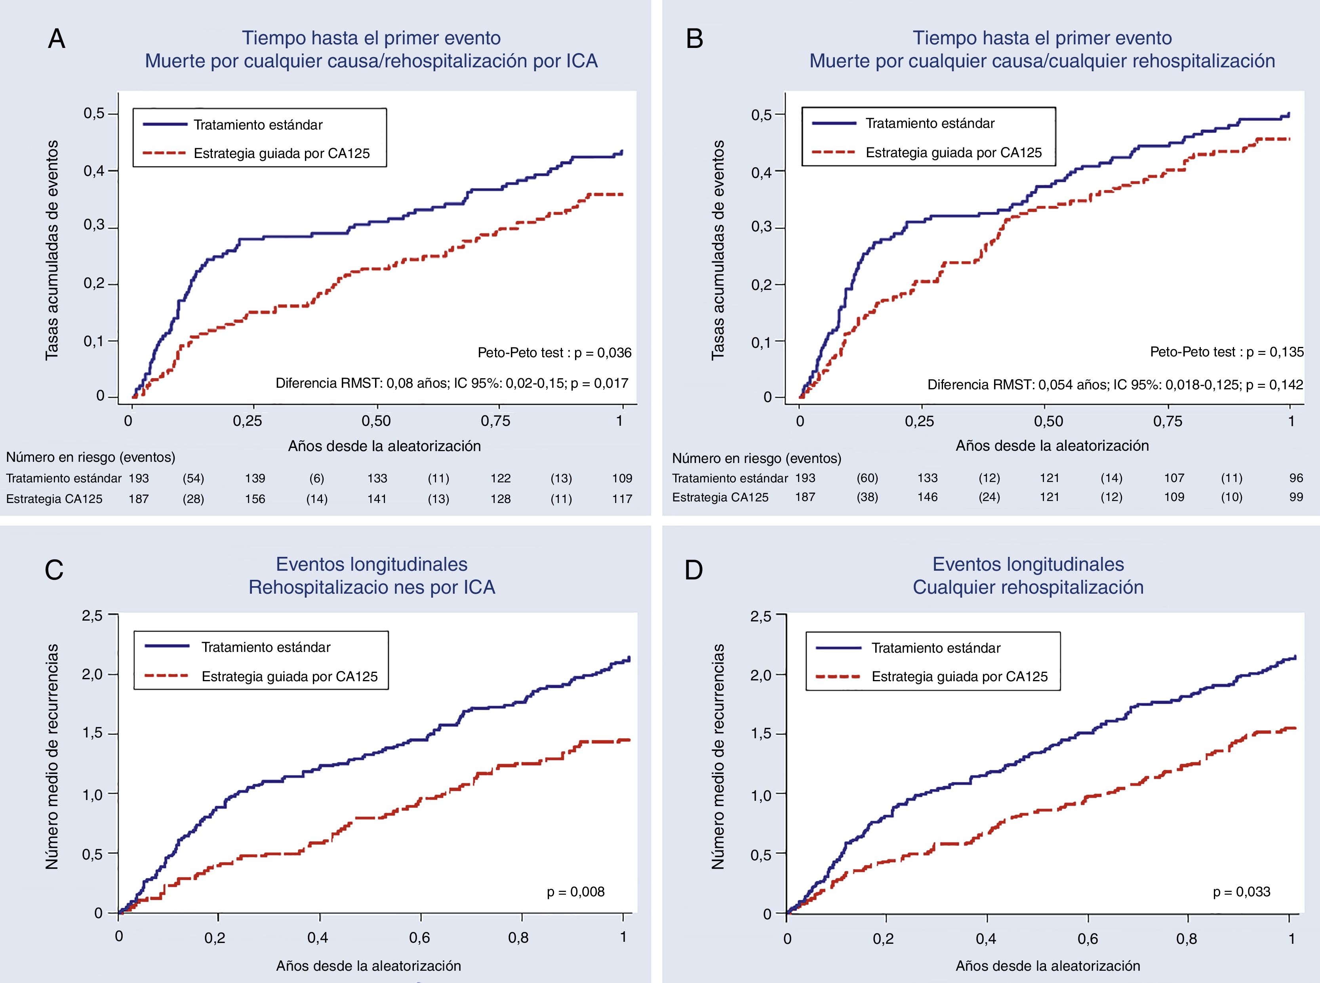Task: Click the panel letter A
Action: click(x=57, y=39)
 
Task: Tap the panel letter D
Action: click(x=693, y=570)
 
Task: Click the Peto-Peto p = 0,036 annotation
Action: click(x=554, y=353)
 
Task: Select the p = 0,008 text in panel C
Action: click(x=575, y=892)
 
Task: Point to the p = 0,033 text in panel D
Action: click(x=1242, y=892)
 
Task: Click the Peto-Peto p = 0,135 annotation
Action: click(x=1227, y=352)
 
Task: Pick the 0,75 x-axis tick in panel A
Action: click(x=495, y=421)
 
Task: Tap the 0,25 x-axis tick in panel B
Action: click(x=919, y=421)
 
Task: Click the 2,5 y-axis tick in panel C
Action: click(x=92, y=615)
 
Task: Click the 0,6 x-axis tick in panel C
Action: click(x=419, y=938)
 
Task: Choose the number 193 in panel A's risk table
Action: click(x=139, y=478)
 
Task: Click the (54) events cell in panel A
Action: click(x=193, y=478)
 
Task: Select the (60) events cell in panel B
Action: click(x=867, y=478)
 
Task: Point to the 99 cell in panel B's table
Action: click(x=1295, y=497)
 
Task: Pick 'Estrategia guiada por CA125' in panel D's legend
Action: click(x=960, y=676)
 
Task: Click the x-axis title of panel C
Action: click(x=368, y=966)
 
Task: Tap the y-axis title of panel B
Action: click(x=718, y=250)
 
